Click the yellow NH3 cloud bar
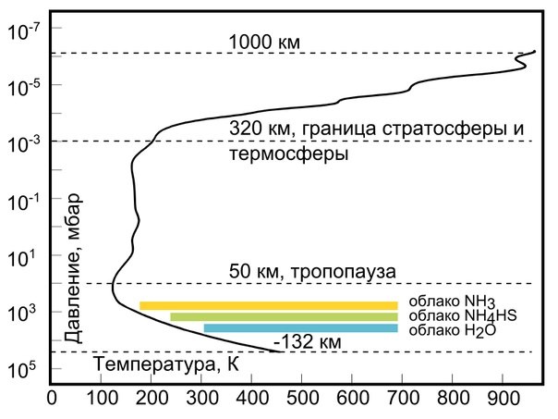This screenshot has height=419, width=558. click(268, 305)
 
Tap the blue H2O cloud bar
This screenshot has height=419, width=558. click(300, 328)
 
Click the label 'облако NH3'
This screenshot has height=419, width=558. click(444, 303)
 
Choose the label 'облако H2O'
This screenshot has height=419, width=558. click(444, 329)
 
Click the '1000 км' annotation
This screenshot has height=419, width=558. click(264, 42)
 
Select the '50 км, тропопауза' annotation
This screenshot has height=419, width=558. click(311, 272)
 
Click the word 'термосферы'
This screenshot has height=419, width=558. click(287, 154)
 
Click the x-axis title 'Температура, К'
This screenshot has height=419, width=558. click(167, 365)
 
